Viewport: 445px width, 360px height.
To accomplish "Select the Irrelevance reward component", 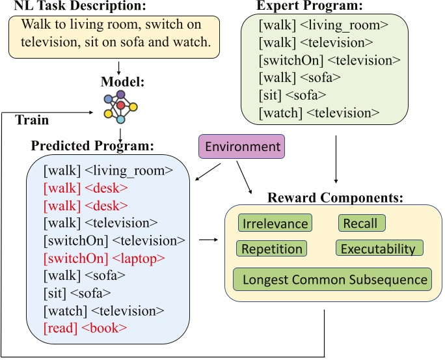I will (x=275, y=224).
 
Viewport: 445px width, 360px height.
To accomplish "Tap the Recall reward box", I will (x=361, y=223).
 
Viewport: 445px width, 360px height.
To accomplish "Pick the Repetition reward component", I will (x=272, y=249).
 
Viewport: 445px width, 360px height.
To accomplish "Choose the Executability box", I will (x=379, y=249).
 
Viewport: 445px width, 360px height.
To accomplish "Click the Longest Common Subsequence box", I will (x=332, y=280).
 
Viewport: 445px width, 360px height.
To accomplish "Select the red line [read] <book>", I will (x=85, y=328).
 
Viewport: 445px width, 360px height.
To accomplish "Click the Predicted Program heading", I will (x=92, y=145).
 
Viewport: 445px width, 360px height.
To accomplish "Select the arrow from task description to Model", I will (x=120, y=67).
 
